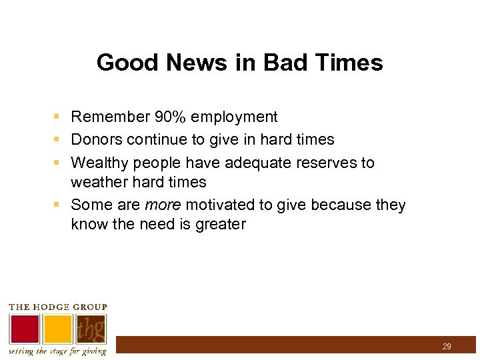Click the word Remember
(109, 117)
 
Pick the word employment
(233, 117)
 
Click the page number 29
(446, 347)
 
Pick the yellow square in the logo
(58, 328)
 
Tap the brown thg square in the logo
(91, 328)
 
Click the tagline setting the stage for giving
(57, 351)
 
